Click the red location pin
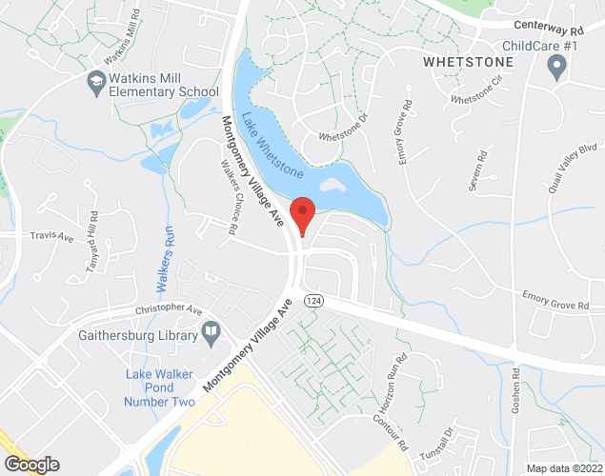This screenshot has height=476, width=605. click(302, 214)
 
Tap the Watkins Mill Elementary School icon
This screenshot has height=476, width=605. click(95, 83)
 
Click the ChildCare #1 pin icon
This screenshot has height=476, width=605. click(557, 69)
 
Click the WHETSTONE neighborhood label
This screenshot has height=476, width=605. click(467, 62)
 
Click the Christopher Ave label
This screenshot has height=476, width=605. click(170, 311)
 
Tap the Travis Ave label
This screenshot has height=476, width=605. click(50, 234)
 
